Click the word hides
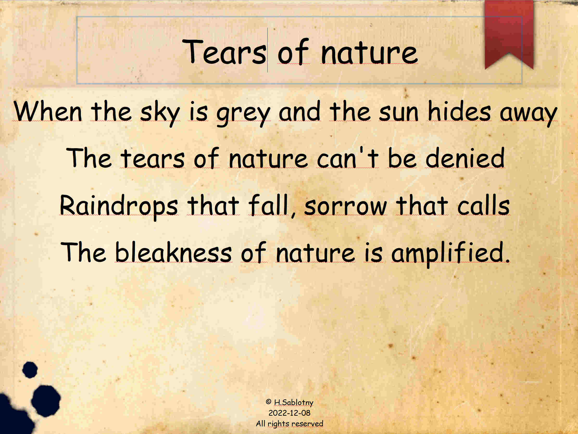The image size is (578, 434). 459,111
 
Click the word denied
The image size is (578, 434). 465,157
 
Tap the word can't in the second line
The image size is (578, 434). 347,157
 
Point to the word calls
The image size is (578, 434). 484,205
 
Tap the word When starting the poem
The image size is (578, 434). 48,111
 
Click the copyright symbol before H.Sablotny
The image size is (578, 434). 268,402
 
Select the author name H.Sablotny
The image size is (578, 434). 294,403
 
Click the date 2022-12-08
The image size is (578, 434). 289,413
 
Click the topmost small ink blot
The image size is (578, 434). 30,370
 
